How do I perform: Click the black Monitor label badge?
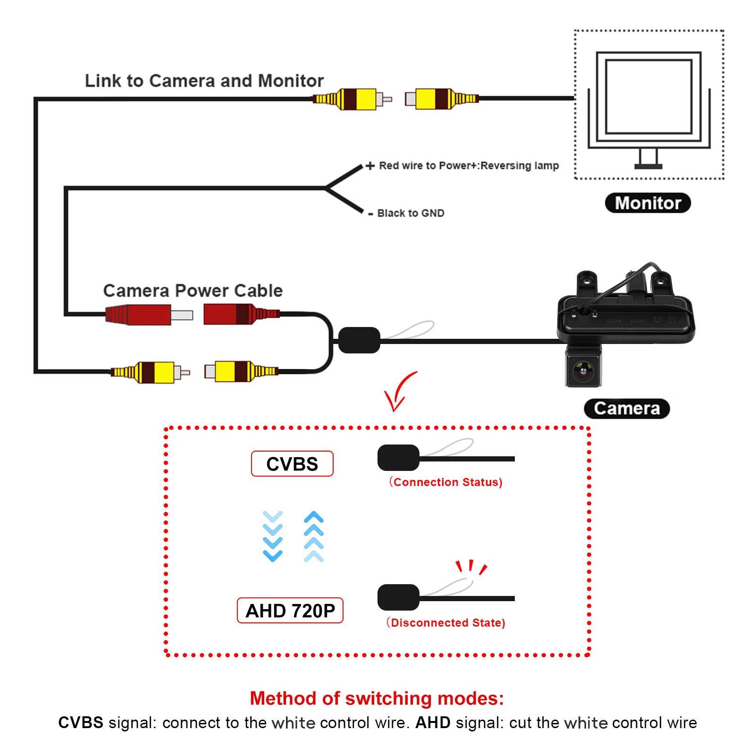[647, 203]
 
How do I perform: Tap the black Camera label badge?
[627, 408]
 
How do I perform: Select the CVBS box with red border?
[292, 464]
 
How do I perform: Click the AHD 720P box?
[290, 611]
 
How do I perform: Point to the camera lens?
[584, 371]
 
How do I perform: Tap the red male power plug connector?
[149, 314]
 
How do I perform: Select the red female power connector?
[242, 314]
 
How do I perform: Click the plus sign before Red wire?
[370, 166]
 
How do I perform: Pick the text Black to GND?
[411, 213]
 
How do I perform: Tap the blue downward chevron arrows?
[273, 536]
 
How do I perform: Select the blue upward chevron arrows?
[314, 536]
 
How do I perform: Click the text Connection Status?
[446, 482]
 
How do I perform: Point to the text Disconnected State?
[446, 622]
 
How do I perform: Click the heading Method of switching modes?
[377, 698]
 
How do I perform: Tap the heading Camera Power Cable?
[193, 291]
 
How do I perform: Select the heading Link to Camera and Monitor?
[204, 81]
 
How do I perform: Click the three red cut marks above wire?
[471, 567]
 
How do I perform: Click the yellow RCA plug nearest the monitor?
[442, 99]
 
